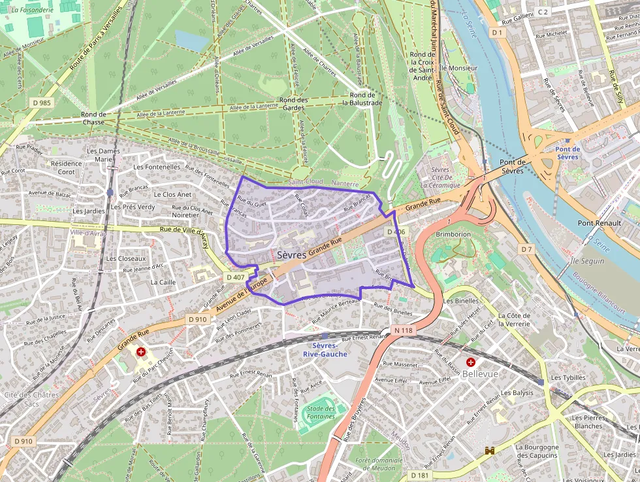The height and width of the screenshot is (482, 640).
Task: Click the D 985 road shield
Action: tap(41, 103)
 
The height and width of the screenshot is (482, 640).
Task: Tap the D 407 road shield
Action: tap(235, 277)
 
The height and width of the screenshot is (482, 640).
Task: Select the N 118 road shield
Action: tap(404, 330)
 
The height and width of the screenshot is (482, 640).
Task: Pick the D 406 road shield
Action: tap(396, 232)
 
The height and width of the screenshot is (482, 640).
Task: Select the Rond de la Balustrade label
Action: tap(362, 98)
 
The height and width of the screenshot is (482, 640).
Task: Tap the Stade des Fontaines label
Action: tap(320, 413)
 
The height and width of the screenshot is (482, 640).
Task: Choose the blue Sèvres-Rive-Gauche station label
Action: tap(325, 349)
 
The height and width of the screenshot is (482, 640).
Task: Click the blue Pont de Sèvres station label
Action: tap(568, 152)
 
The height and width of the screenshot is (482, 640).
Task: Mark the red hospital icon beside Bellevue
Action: tap(470, 362)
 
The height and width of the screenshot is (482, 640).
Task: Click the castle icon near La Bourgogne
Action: tap(489, 451)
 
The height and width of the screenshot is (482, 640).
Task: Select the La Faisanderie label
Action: tap(32, 10)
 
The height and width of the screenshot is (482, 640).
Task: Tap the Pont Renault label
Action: tap(599, 223)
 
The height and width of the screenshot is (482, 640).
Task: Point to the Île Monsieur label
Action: tap(458, 67)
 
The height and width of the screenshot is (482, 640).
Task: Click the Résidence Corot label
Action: tap(67, 167)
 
